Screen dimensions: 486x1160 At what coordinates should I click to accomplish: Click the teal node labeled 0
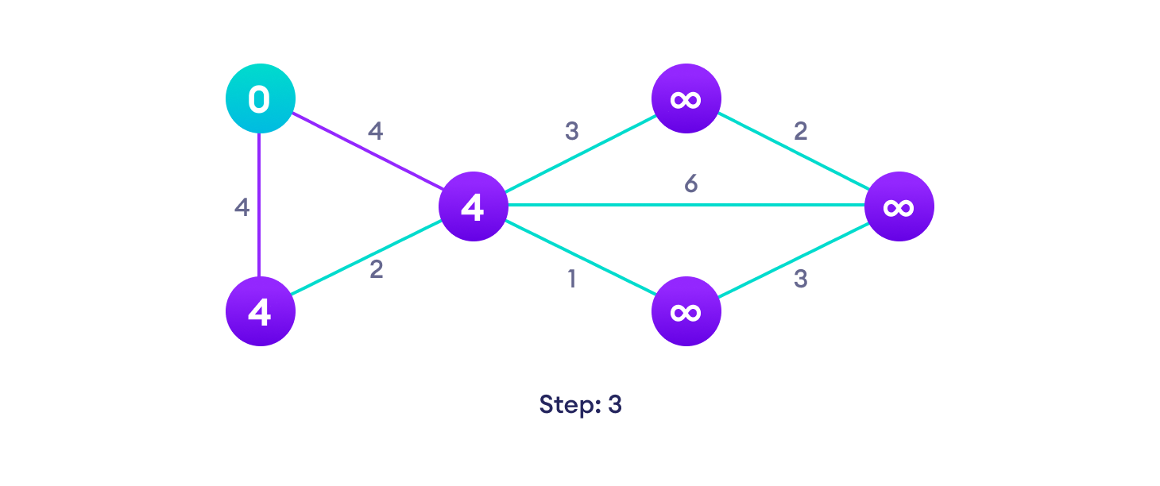(261, 98)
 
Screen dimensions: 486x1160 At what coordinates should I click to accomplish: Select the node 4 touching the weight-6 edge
(474, 206)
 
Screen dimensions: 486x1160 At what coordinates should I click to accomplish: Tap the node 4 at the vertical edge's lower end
(261, 311)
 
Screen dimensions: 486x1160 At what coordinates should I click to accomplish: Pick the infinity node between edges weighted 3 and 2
(686, 98)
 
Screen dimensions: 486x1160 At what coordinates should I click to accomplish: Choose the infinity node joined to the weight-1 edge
(686, 311)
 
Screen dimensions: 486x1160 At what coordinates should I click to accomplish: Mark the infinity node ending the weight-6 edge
(899, 206)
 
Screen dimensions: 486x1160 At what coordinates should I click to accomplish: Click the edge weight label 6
(691, 184)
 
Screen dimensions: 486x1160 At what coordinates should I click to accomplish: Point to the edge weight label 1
(570, 280)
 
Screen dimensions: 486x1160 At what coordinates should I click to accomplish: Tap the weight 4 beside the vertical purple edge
(242, 207)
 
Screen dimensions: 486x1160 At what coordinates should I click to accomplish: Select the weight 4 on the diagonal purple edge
(375, 131)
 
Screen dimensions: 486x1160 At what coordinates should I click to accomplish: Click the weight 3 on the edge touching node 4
(571, 131)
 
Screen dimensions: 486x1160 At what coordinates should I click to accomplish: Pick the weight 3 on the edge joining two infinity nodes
(801, 280)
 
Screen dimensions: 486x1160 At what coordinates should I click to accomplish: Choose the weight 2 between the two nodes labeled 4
(377, 269)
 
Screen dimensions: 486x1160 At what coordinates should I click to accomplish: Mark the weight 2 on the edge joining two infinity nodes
(801, 131)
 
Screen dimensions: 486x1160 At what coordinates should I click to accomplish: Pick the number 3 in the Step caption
(615, 404)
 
